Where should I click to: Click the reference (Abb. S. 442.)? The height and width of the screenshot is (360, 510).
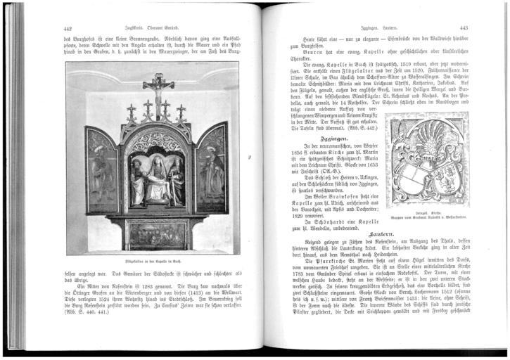tap(355, 127)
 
